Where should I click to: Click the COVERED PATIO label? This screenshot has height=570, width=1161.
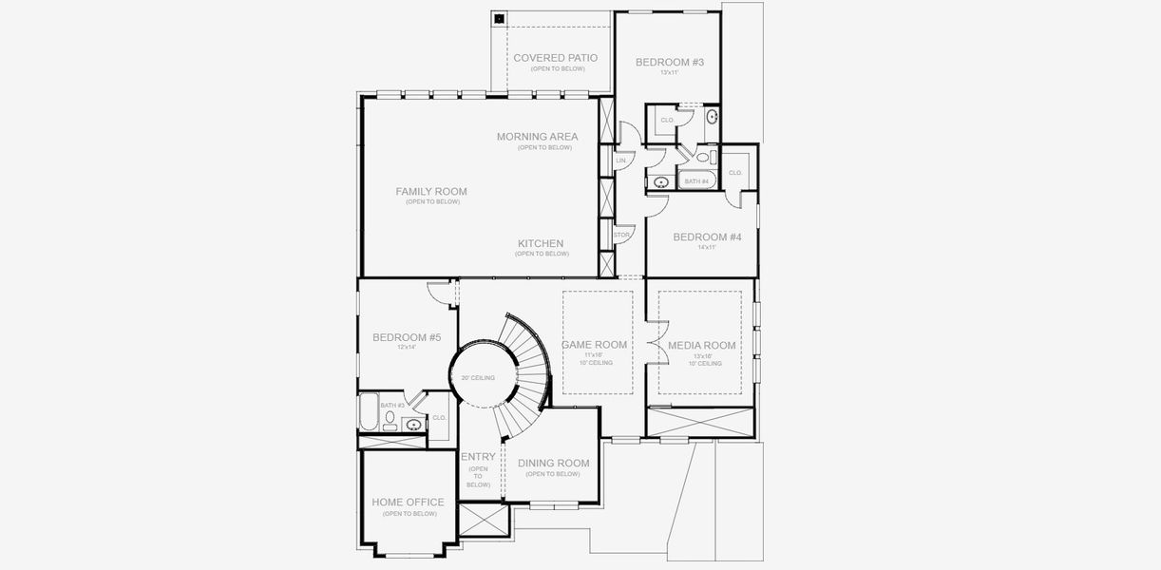tap(555, 58)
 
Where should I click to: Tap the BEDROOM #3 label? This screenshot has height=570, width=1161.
tap(669, 62)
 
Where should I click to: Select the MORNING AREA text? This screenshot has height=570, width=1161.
tap(537, 137)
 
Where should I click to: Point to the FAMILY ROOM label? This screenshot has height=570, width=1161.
tap(431, 191)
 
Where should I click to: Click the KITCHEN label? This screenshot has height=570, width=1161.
tap(541, 243)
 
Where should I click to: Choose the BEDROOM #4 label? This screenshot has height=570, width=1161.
tap(707, 237)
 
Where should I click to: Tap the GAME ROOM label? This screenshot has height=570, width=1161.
tap(595, 345)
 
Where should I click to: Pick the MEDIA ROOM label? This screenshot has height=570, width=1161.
tap(702, 345)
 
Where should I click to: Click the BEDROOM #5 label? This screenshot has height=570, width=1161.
tap(407, 337)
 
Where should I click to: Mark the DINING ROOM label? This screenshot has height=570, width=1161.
tap(553, 464)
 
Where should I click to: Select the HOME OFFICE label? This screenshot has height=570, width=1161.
tap(408, 503)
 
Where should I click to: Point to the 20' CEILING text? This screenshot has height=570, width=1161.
tap(478, 378)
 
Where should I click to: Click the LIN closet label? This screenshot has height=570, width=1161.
tap(620, 161)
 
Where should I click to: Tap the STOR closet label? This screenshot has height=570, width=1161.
tap(621, 235)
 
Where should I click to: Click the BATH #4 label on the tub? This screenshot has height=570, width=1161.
tap(696, 180)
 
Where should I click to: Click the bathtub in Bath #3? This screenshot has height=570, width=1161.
tap(368, 414)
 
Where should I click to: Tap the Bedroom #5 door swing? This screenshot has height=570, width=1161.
tap(437, 291)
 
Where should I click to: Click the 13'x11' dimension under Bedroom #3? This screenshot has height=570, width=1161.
tap(669, 72)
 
